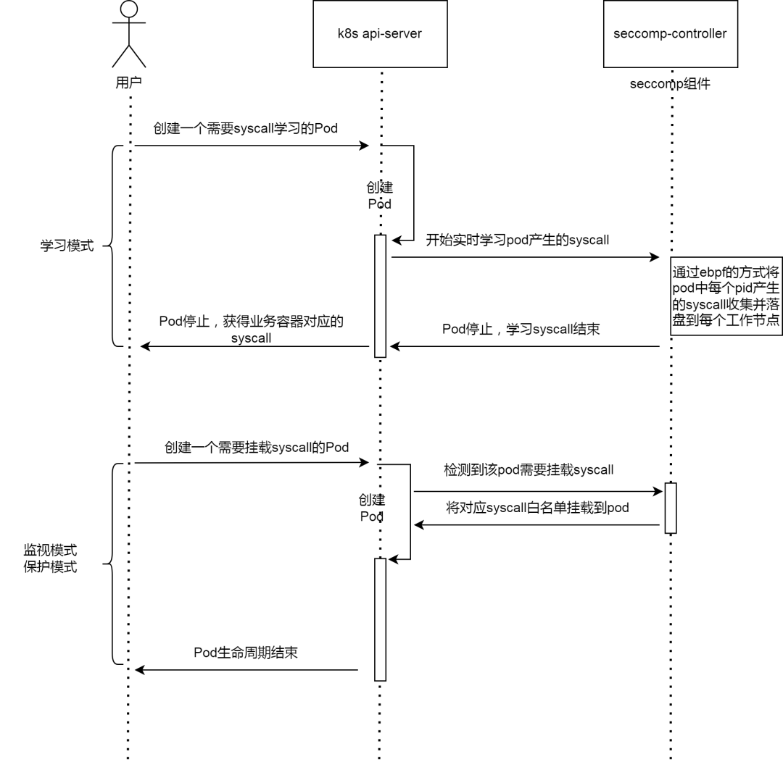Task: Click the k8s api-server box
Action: click(x=381, y=34)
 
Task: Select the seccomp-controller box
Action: click(x=670, y=34)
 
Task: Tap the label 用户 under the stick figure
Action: click(x=128, y=83)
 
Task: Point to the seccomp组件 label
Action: click(x=670, y=83)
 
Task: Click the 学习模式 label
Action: click(x=67, y=245)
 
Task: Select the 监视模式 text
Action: click(x=50, y=550)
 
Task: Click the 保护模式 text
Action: click(x=50, y=566)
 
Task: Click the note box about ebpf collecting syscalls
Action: click(x=726, y=296)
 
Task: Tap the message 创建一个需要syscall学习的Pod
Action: click(x=245, y=128)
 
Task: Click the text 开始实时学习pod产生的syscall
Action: click(x=517, y=240)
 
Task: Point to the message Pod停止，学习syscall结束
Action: click(x=521, y=328)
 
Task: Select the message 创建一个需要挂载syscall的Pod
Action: click(x=256, y=447)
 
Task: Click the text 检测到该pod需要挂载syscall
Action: click(x=529, y=469)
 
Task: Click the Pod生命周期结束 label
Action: click(x=246, y=652)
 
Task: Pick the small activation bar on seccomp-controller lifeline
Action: click(x=670, y=507)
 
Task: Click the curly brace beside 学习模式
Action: click(x=114, y=245)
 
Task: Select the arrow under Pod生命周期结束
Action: click(x=246, y=670)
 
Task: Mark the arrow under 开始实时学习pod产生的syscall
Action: click(x=524, y=257)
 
